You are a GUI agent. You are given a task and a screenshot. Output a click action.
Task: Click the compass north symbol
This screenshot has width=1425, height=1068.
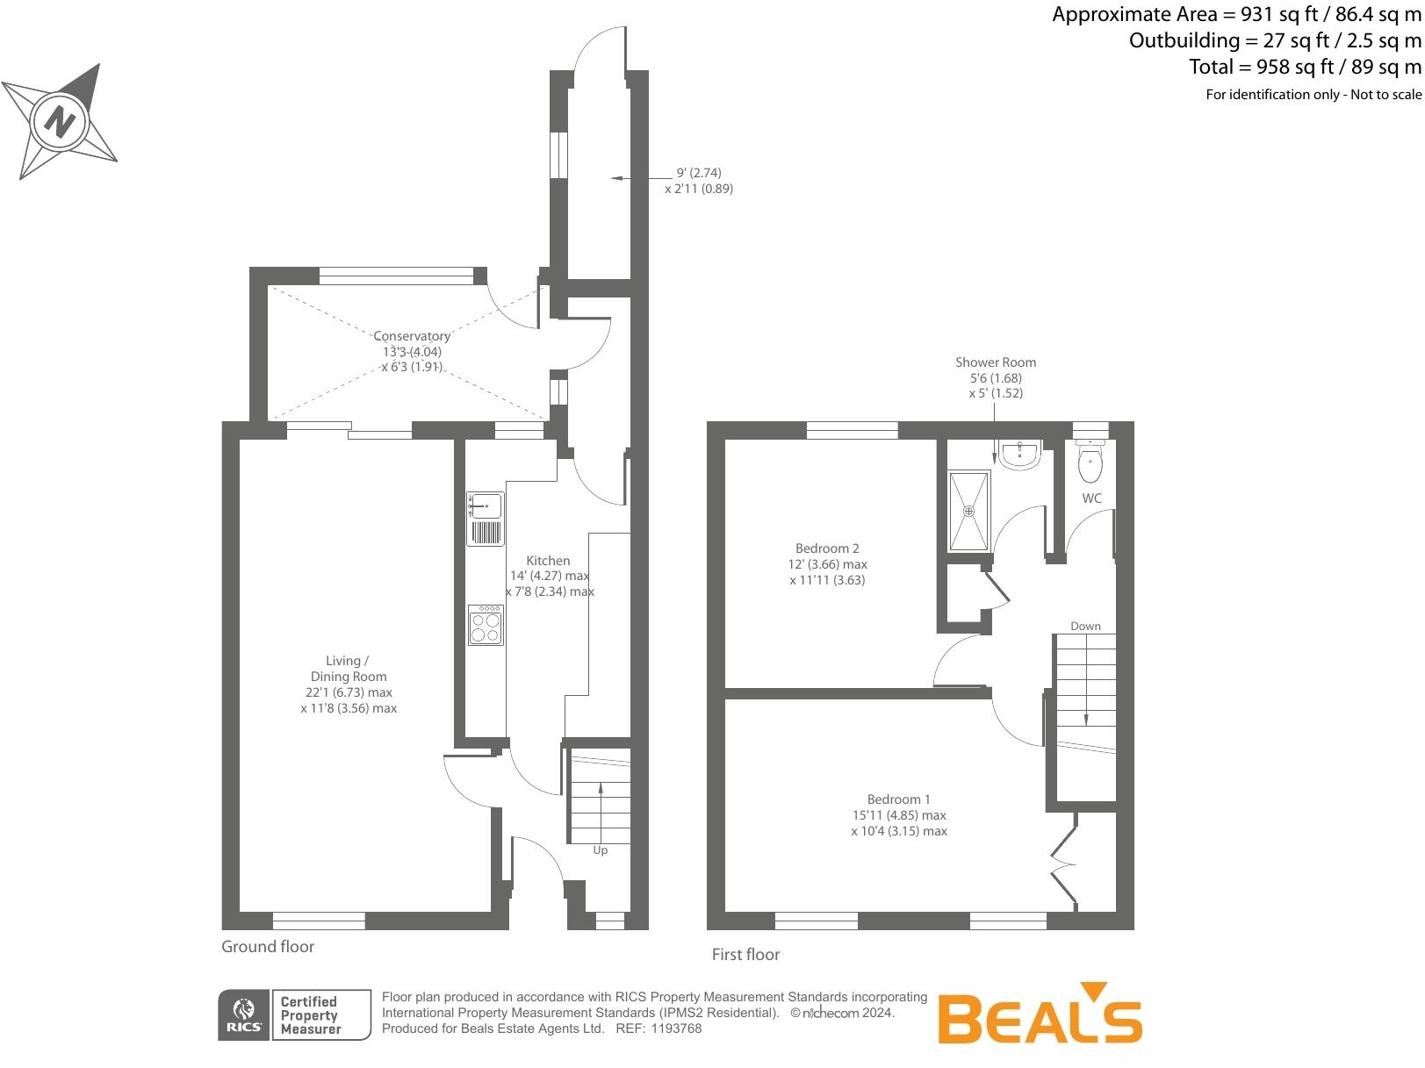pos(60,120)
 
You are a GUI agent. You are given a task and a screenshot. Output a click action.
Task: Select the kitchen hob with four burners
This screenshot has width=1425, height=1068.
pos(486,625)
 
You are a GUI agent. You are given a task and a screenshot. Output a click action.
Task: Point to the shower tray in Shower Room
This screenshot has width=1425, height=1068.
pos(969,511)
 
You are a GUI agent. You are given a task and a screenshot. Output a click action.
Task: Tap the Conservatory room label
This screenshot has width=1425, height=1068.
pos(412,336)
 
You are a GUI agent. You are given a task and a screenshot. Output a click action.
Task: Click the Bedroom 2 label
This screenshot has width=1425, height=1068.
pos(827,548)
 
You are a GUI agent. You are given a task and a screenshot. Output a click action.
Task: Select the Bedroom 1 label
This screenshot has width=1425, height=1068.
pos(898,799)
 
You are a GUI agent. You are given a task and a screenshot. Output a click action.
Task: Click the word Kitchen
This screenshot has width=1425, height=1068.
pos(548,561)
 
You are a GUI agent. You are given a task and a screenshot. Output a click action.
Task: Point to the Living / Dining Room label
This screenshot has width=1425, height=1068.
pos(349,669)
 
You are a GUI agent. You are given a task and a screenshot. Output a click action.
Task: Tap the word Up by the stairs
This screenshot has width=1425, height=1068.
pos(601,850)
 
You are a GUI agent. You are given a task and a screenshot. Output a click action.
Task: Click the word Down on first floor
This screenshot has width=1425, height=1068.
pos(1085,626)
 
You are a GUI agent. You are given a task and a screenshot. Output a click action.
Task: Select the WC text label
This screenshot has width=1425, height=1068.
pos(1091,498)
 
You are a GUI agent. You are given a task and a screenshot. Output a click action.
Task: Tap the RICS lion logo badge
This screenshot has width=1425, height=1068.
pos(244,1016)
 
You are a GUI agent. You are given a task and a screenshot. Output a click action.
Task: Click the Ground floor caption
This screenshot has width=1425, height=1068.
pos(268,946)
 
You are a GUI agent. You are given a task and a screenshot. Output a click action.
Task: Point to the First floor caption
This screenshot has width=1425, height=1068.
pos(745,954)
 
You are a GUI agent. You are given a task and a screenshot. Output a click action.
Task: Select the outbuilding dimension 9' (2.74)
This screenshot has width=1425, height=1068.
pos(699,173)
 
